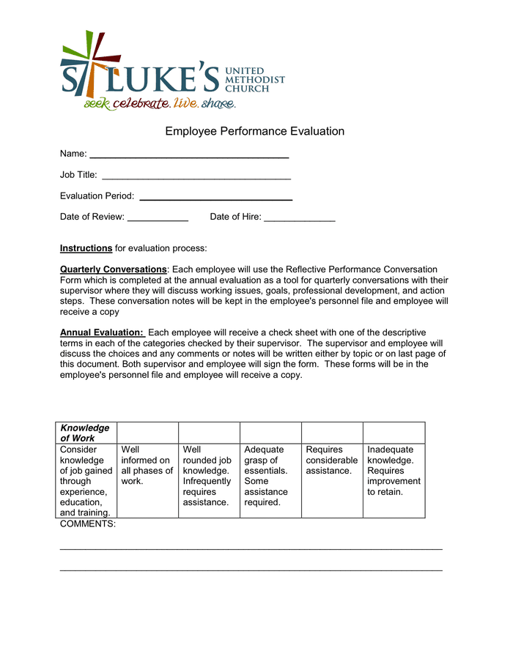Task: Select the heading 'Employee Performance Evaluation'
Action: [254, 132]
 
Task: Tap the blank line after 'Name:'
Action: [189, 155]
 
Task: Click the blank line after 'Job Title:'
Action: [196, 176]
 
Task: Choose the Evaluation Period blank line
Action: [215, 197]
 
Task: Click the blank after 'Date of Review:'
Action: [158, 217]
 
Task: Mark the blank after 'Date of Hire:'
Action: [299, 217]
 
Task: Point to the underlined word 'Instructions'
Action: [86, 248]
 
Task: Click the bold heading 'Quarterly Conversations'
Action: [113, 269]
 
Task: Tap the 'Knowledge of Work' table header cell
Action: [86, 433]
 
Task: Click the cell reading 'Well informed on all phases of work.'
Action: [147, 466]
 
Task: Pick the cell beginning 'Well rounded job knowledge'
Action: [209, 476]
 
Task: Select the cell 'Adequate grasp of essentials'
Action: [270, 476]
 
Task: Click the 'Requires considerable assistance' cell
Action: [332, 461]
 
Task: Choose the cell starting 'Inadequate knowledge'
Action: [394, 471]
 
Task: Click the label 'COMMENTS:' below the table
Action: [87, 524]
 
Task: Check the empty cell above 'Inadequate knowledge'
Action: [394, 433]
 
